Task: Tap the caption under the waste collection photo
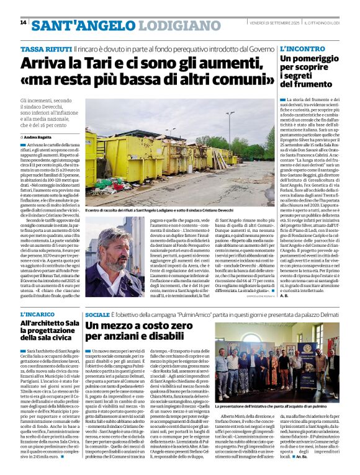coord(170,211)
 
